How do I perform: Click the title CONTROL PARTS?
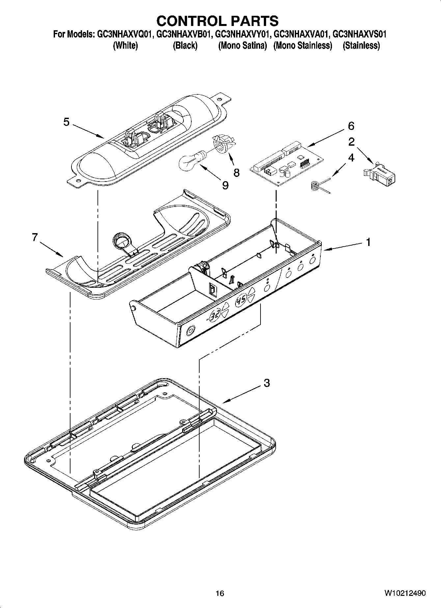coord(217,21)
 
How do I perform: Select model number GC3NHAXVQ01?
coord(125,34)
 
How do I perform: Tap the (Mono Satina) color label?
coord(242,46)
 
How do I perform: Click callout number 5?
coord(67,122)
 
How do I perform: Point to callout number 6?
coord(351,126)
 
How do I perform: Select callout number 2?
coord(351,142)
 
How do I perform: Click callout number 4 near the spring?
coord(351,158)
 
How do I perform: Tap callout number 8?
coord(236,173)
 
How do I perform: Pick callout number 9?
coord(225,186)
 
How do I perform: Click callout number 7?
coord(35,237)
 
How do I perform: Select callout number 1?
coord(368,242)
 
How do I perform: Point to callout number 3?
coord(267,383)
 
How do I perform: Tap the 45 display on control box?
coord(241,300)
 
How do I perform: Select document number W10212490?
coord(404,593)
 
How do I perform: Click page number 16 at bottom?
coord(220,593)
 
